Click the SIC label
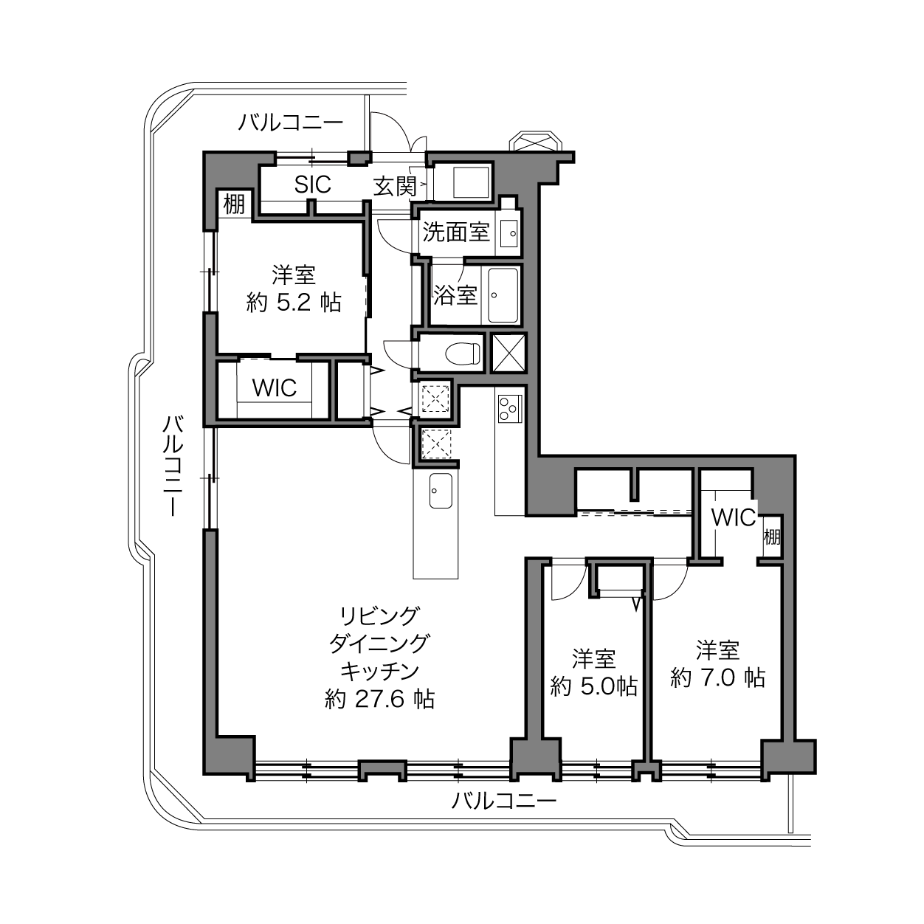(x=313, y=184)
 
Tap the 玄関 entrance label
(x=395, y=186)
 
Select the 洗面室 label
(x=455, y=232)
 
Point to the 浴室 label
(x=455, y=295)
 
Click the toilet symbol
(x=463, y=354)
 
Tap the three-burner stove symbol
(x=510, y=408)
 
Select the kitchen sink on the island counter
(x=440, y=491)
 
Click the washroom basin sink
(x=509, y=234)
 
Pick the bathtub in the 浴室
(x=503, y=295)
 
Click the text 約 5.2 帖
(x=294, y=303)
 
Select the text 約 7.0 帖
(x=717, y=678)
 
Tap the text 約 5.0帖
(x=593, y=686)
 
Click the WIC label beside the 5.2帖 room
(x=275, y=388)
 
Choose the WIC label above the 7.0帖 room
(x=733, y=517)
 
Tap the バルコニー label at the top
(x=291, y=123)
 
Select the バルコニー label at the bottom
(x=503, y=801)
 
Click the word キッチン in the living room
(x=379, y=672)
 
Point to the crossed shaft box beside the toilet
(x=508, y=353)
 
